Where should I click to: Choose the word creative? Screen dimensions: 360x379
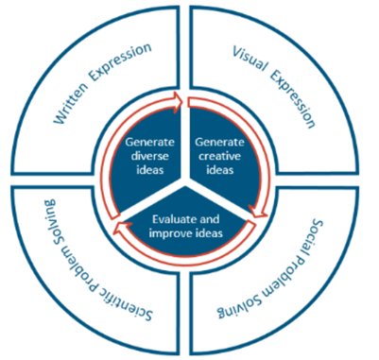[223, 156]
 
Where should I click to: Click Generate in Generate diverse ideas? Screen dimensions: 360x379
[148, 143]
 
